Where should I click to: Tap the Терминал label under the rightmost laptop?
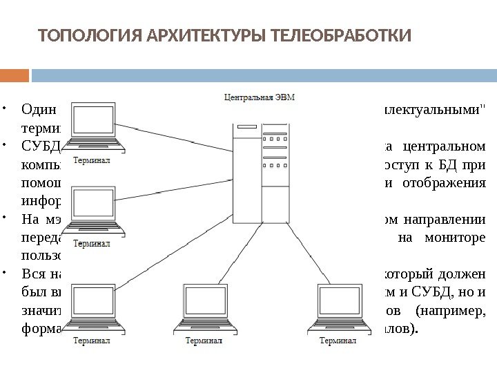[x=327, y=341]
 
